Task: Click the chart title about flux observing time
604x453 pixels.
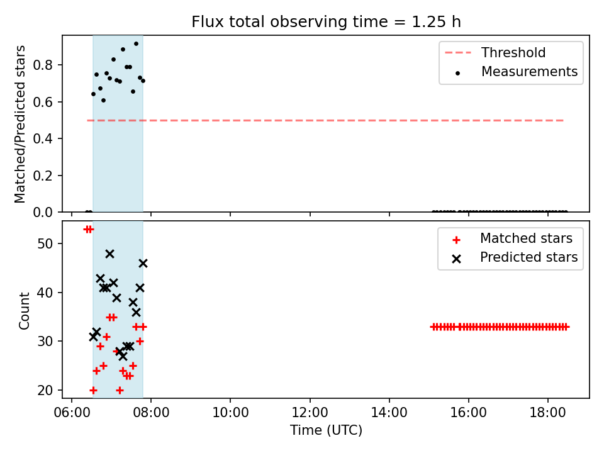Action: pyautogui.click(x=326, y=22)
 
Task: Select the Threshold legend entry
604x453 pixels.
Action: pyautogui.click(x=495, y=52)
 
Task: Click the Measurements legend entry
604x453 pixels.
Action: pyautogui.click(x=515, y=72)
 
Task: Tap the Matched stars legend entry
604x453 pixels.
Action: pyautogui.click(x=512, y=238)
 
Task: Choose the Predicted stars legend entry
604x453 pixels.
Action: pyautogui.click(x=515, y=257)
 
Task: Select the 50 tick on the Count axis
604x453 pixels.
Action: pyautogui.click(x=45, y=244)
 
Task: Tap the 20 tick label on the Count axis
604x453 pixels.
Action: pyautogui.click(x=45, y=390)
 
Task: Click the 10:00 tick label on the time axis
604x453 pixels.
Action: pyautogui.click(x=230, y=413)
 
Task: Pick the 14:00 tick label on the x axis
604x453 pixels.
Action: pyautogui.click(x=389, y=413)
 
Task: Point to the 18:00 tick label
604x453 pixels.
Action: pyautogui.click(x=548, y=413)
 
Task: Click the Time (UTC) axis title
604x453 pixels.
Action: pyautogui.click(x=326, y=430)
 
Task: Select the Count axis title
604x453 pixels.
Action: pyautogui.click(x=25, y=310)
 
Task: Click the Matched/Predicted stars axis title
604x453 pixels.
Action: pyautogui.click(x=20, y=124)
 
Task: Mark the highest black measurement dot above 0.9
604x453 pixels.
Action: pyautogui.click(x=136, y=44)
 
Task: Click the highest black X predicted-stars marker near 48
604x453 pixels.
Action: pyautogui.click(x=109, y=254)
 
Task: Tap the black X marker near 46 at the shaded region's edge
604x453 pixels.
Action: pyautogui.click(x=143, y=264)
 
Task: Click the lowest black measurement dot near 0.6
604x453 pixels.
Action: pyautogui.click(x=103, y=101)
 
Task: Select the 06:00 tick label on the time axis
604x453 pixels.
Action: pyautogui.click(x=72, y=413)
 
